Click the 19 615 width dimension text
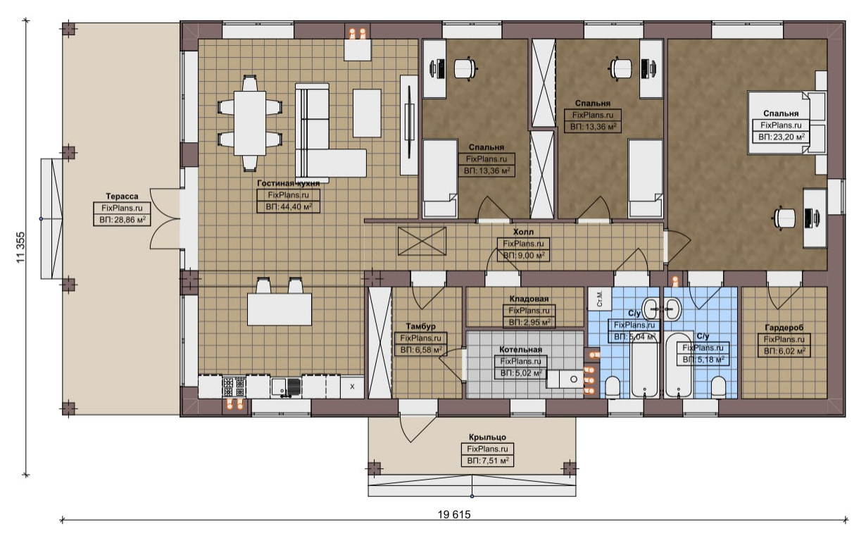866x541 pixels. point(454,514)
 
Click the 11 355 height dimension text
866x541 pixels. point(20,247)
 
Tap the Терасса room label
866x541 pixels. point(122,196)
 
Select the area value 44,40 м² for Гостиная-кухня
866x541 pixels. point(289,206)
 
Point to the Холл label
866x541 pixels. point(523,232)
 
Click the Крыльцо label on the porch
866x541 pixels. point(487,437)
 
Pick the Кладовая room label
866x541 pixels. point(529,299)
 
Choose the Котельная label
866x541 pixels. point(520,349)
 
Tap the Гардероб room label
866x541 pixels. point(784,328)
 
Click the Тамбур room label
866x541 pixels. point(420,326)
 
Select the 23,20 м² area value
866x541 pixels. point(782,137)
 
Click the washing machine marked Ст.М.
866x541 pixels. point(600,299)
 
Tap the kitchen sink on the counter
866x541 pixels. point(287,387)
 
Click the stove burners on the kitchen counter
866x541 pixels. point(234,387)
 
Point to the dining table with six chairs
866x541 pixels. point(250,123)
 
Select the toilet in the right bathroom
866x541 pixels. point(719,386)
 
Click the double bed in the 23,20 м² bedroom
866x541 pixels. point(786,123)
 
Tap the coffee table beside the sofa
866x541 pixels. point(367,113)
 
